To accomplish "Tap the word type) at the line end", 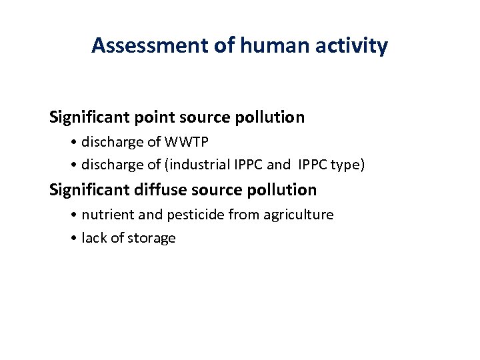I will tap(347, 164).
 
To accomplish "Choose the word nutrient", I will tap(105, 215).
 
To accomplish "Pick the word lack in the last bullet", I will tap(93, 238).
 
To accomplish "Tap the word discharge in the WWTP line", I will tap(109, 142).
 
